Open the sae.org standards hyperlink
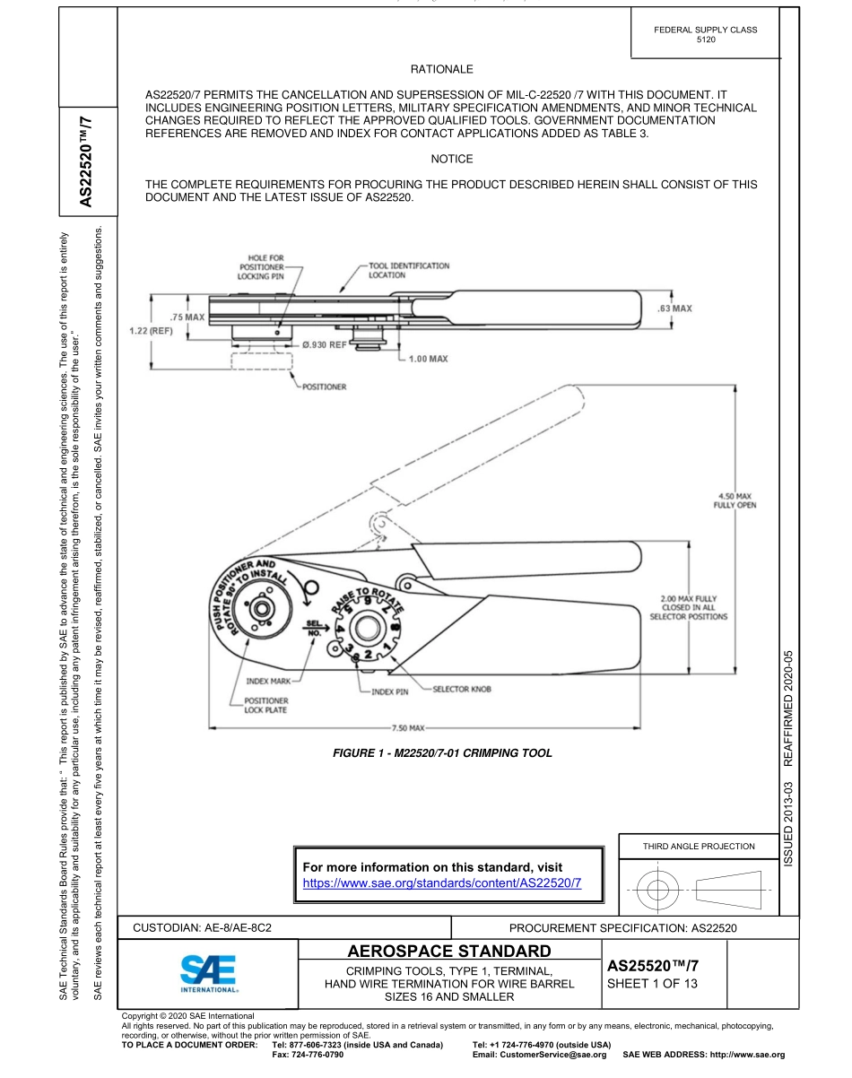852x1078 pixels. pos(443,883)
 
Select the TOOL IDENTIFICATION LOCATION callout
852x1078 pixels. pos(408,270)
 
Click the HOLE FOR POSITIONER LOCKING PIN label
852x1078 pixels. pos(260,266)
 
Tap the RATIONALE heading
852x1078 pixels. pos(441,68)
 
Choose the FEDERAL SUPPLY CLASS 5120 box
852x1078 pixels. pos(705,35)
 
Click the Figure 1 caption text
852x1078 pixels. pos(442,753)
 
